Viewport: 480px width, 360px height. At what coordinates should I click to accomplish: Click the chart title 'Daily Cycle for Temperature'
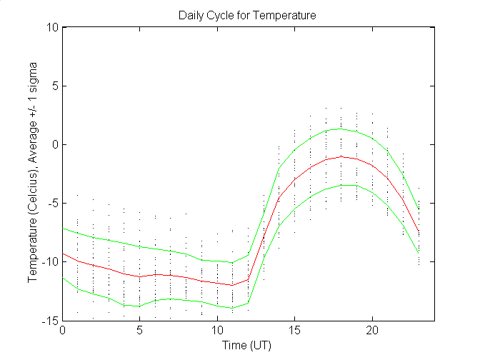[x=247, y=14]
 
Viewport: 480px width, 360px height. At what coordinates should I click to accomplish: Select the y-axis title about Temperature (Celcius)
[x=33, y=175]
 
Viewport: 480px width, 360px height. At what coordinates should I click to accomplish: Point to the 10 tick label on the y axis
[x=51, y=28]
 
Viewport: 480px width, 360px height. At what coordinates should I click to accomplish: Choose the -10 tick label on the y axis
[x=50, y=262]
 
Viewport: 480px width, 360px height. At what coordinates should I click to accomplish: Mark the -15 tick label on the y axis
[x=50, y=321]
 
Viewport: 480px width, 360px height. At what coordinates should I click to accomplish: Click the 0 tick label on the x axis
[x=64, y=331]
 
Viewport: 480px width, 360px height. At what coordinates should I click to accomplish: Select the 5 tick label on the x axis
[x=141, y=331]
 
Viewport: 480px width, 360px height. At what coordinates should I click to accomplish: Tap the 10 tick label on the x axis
[x=218, y=331]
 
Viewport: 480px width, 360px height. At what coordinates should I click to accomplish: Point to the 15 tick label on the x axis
[x=295, y=331]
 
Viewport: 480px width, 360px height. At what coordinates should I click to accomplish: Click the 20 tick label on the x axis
[x=372, y=331]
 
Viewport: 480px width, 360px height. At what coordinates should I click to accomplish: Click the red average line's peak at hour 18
[x=341, y=156]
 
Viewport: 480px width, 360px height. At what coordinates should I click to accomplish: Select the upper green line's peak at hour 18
[x=341, y=129]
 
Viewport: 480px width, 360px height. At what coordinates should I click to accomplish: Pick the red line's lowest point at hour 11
[x=233, y=285]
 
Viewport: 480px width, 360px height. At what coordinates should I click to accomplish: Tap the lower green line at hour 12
[x=249, y=303]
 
